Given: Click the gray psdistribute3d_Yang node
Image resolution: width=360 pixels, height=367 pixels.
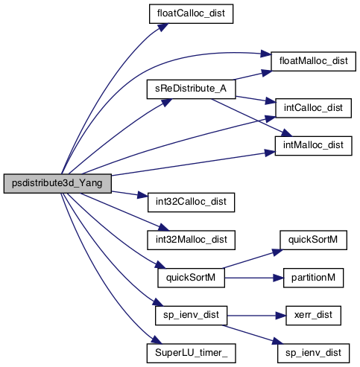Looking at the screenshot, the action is [x=57, y=184].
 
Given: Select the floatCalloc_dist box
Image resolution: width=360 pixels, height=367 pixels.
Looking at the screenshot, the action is [x=191, y=14].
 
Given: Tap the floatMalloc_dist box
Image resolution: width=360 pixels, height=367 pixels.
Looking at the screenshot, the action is [x=313, y=61].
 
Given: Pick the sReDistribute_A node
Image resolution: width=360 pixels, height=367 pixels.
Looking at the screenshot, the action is [x=191, y=89].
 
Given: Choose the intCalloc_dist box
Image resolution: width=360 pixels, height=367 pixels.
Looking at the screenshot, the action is [x=313, y=108].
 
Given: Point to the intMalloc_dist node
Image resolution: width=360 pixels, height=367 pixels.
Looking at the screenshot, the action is [x=313, y=146].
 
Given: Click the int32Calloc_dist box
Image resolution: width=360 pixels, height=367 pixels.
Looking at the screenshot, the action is [x=191, y=202].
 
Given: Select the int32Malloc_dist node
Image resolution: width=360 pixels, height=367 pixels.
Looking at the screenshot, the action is [x=191, y=240].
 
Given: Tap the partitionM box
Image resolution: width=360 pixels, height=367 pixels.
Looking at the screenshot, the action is [x=313, y=278].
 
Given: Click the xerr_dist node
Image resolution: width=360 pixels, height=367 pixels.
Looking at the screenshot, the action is [x=313, y=316].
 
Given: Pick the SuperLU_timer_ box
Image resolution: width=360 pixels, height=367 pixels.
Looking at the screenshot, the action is [x=191, y=354].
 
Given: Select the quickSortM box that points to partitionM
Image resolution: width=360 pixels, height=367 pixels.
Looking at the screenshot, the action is [x=191, y=278].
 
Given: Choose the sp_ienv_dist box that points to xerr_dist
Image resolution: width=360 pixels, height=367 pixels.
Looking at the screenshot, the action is [x=191, y=316].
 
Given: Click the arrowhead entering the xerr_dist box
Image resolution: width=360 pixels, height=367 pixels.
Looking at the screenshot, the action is [x=281, y=316].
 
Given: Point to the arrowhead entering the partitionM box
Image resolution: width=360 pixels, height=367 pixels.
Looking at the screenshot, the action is [x=278, y=278].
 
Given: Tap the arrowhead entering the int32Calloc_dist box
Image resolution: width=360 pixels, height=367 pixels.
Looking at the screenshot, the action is [x=143, y=196].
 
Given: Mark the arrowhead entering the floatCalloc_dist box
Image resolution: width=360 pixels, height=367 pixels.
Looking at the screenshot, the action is [x=163, y=27].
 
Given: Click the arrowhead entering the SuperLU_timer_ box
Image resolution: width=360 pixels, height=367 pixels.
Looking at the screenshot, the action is [x=157, y=340].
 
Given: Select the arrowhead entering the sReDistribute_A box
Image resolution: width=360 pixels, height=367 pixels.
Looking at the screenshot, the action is [x=166, y=102].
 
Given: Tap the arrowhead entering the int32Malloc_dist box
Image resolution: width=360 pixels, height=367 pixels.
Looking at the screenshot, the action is [x=164, y=227].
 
